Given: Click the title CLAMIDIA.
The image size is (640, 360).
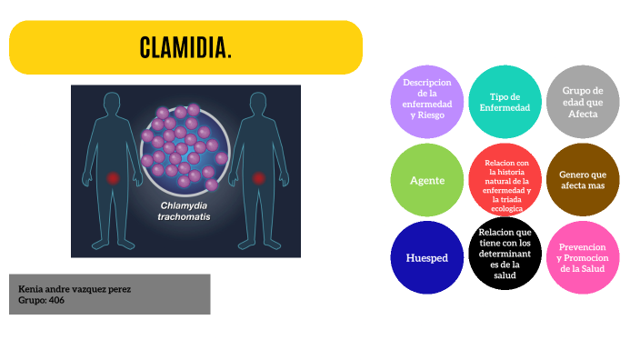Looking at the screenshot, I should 185,47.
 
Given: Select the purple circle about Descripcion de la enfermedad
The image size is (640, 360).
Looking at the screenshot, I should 426,101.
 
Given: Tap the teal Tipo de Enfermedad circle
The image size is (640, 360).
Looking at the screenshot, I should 505,101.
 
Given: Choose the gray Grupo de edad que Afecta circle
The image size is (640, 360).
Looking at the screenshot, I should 583,101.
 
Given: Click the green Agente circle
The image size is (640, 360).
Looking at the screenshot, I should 426,180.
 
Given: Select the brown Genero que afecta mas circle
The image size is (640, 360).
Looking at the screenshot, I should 583,180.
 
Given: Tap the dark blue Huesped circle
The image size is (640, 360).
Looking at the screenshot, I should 426,258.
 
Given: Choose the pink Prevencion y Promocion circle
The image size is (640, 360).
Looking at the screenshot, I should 583,258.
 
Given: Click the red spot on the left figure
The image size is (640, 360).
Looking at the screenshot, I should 113,178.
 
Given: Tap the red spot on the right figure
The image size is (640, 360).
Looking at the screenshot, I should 257,178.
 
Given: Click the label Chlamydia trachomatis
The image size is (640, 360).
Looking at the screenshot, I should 185,211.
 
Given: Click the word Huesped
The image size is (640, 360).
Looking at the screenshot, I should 426,258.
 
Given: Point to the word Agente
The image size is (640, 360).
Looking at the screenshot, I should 426,180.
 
